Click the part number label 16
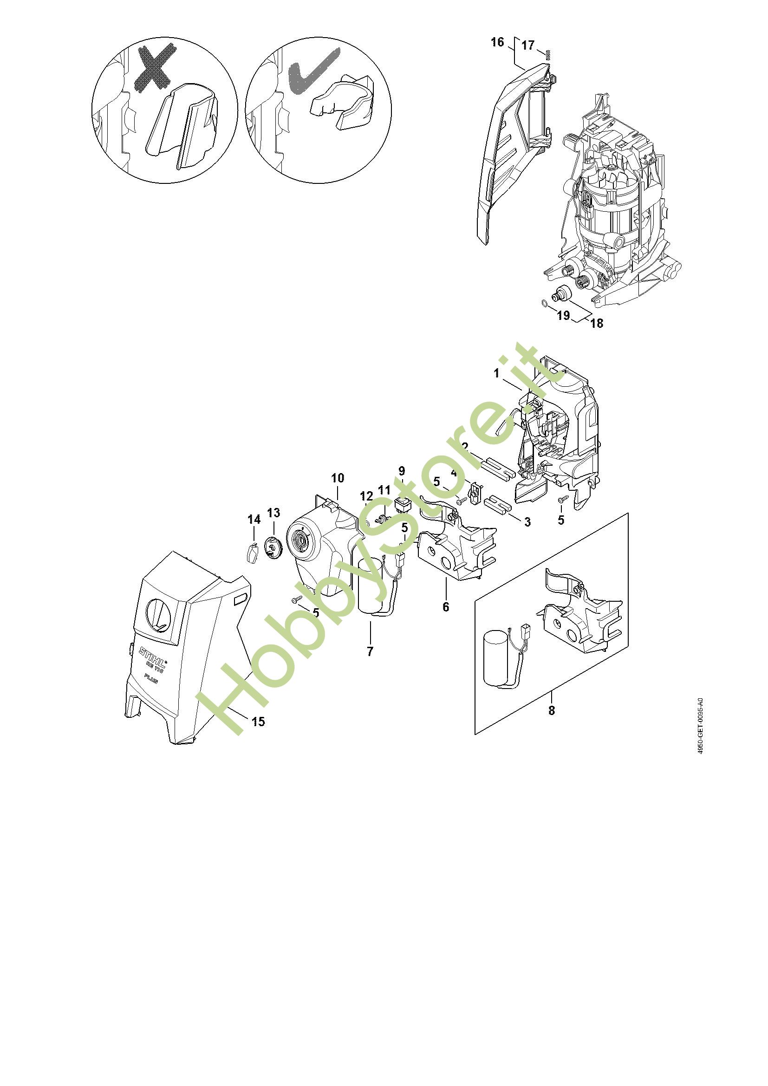pyautogui.click(x=497, y=42)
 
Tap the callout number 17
pyautogui.click(x=528, y=45)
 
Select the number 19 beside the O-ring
pyautogui.click(x=563, y=315)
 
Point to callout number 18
pyautogui.click(x=597, y=323)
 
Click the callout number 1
pyautogui.click(x=496, y=373)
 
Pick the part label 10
pyautogui.click(x=338, y=478)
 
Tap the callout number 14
pyautogui.click(x=254, y=520)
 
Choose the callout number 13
pyautogui.click(x=274, y=512)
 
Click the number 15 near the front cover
pyautogui.click(x=259, y=722)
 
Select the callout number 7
pyautogui.click(x=370, y=651)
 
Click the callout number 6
pyautogui.click(x=446, y=606)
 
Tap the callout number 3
pyautogui.click(x=527, y=522)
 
